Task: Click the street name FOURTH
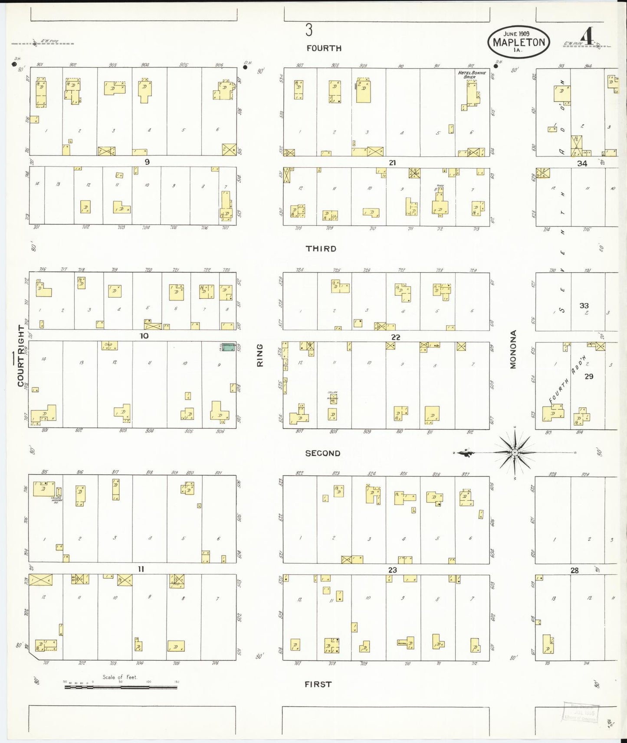pos(324,48)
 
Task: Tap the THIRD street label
pos(321,248)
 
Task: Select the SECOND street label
pos(322,453)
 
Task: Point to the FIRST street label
pos(318,684)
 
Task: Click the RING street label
pos(260,355)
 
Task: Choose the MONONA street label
pos(513,349)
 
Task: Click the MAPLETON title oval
pos(519,42)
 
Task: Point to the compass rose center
pos(515,453)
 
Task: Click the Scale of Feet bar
pos(121,687)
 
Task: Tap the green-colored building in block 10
pos(228,347)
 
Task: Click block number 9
pos(147,162)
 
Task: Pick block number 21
pos(392,163)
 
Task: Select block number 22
pos(395,337)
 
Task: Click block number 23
pos(392,570)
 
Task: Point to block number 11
pos(141,569)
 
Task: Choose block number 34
pos(582,163)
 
